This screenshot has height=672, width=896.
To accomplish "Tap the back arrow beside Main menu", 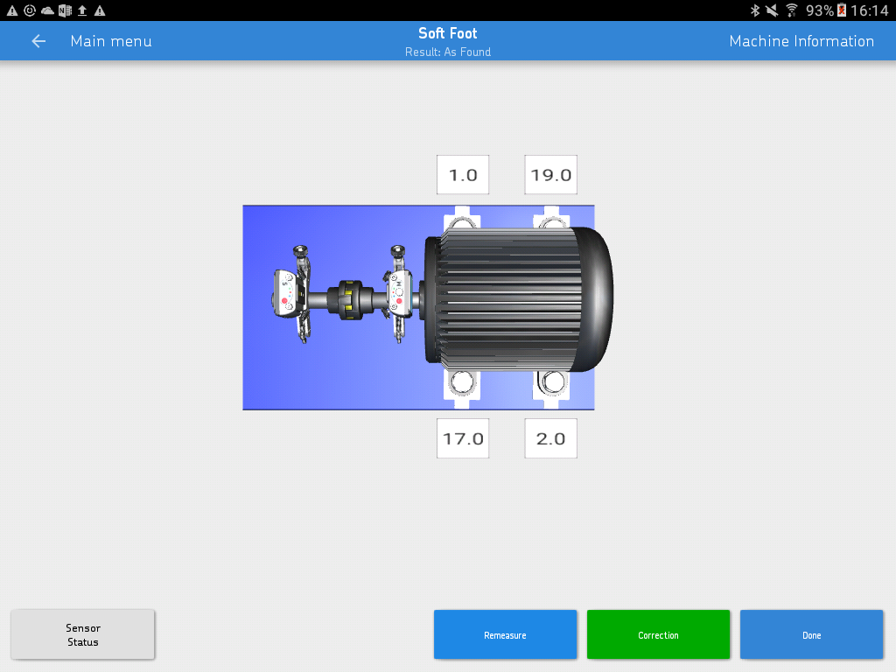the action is (38, 41).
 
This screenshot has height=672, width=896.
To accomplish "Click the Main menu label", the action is (111, 41).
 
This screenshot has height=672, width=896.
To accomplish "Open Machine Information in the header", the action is (801, 41).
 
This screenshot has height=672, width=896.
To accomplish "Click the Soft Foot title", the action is (447, 33).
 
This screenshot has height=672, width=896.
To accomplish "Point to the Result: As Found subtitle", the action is (447, 52).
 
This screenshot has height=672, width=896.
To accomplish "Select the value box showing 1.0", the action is (463, 175).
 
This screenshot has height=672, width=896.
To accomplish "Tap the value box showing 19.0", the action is (551, 175).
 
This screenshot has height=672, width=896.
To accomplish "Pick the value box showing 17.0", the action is (463, 438).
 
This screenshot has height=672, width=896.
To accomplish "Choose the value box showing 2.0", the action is (551, 438).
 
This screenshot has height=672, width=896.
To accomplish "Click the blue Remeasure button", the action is (505, 634).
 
